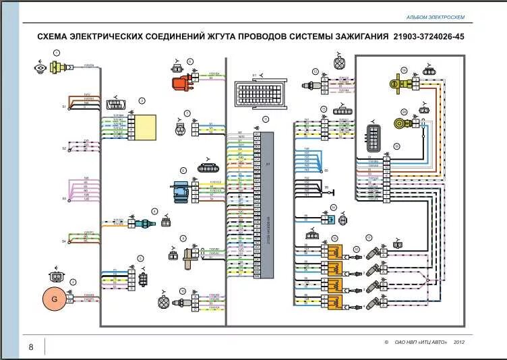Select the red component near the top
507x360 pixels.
pos(180,83)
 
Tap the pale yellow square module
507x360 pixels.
pos(144,126)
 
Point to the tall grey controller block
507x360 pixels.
pos(268,205)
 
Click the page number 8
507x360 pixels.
pos(30,347)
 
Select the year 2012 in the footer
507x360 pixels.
pos(459,342)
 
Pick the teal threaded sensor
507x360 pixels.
pos(143,222)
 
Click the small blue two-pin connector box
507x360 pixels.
pos(329,218)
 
